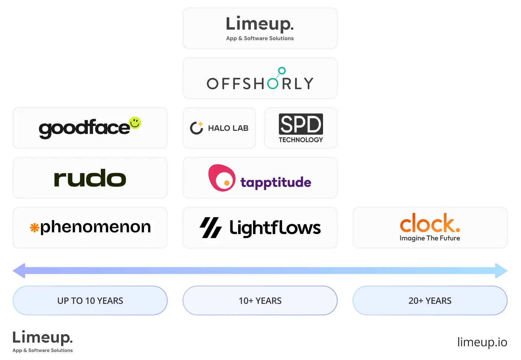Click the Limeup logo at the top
tap(260, 24)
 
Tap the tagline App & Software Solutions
tap(260, 38)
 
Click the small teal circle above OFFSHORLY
tap(282, 71)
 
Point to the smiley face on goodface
tap(135, 123)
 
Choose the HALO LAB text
tap(228, 128)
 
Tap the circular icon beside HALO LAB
tap(196, 128)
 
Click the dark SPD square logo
tap(301, 124)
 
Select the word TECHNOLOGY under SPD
tap(301, 140)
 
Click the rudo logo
tap(90, 178)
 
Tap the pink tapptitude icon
tap(222, 178)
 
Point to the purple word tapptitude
tap(276, 182)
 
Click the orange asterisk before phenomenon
tap(35, 228)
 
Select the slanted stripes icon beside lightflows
tap(211, 228)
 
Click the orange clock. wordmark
tap(430, 223)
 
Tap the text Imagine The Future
tap(430, 238)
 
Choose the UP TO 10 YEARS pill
tap(90, 300)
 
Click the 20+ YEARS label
tap(430, 301)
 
